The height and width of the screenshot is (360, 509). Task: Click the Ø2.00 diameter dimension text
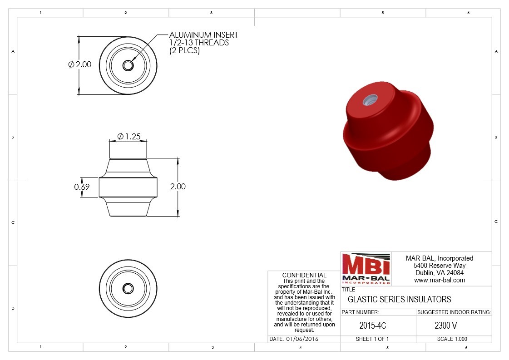pos(80,64)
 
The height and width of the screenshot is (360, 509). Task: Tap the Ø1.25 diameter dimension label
pos(129,136)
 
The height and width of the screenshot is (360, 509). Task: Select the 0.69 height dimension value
pos(82,187)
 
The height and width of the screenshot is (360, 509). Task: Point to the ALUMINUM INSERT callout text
pos(203,35)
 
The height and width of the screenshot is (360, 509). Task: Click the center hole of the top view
pos(128,65)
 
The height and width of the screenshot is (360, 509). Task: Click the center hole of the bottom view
pos(128,289)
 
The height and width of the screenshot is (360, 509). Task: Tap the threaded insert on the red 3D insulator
pos(370,100)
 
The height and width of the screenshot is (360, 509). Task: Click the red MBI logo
pos(366,269)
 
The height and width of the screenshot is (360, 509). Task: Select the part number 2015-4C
pos(373,325)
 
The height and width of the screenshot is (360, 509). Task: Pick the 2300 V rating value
pos(446,325)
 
